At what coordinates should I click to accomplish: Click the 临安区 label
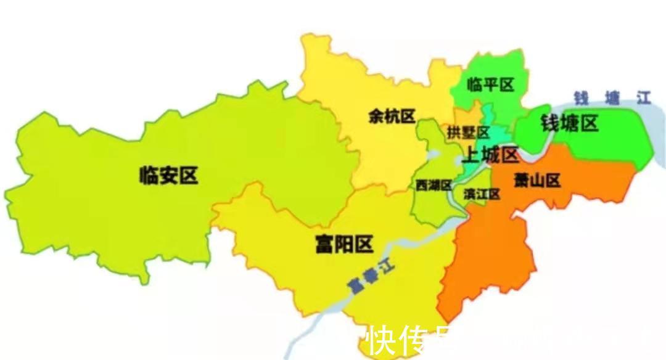click(x=168, y=176)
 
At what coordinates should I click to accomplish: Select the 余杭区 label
click(x=392, y=117)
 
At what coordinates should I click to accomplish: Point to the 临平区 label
click(x=490, y=84)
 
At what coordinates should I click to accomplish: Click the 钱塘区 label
click(x=569, y=124)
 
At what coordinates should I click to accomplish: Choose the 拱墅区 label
click(x=468, y=133)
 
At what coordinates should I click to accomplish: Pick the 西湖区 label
click(x=434, y=186)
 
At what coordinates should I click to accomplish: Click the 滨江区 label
click(x=482, y=194)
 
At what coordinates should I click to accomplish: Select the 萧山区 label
click(x=537, y=181)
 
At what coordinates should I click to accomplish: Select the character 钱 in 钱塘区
click(x=550, y=124)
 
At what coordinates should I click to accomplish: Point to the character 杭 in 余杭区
click(x=392, y=117)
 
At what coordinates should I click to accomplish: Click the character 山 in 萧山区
click(x=537, y=181)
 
